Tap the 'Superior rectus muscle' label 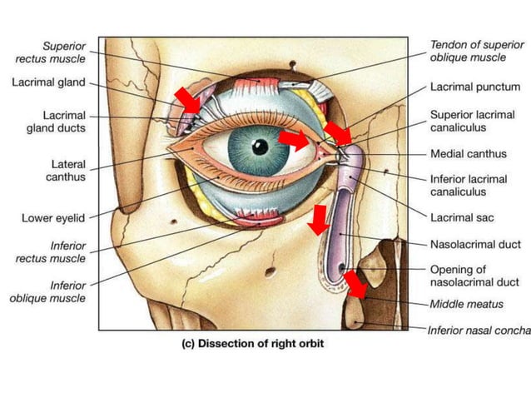pyautogui.click(x=48, y=52)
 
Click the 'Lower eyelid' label pyautogui.click(x=51, y=219)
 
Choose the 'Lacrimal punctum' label pyautogui.click(x=475, y=87)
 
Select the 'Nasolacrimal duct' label pyautogui.click(x=475, y=244)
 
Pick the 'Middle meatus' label pyautogui.click(x=467, y=304)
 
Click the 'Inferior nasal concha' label pyautogui.click(x=479, y=331)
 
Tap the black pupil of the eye pyautogui.click(x=261, y=147)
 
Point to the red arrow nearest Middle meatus pyautogui.click(x=356, y=284)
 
